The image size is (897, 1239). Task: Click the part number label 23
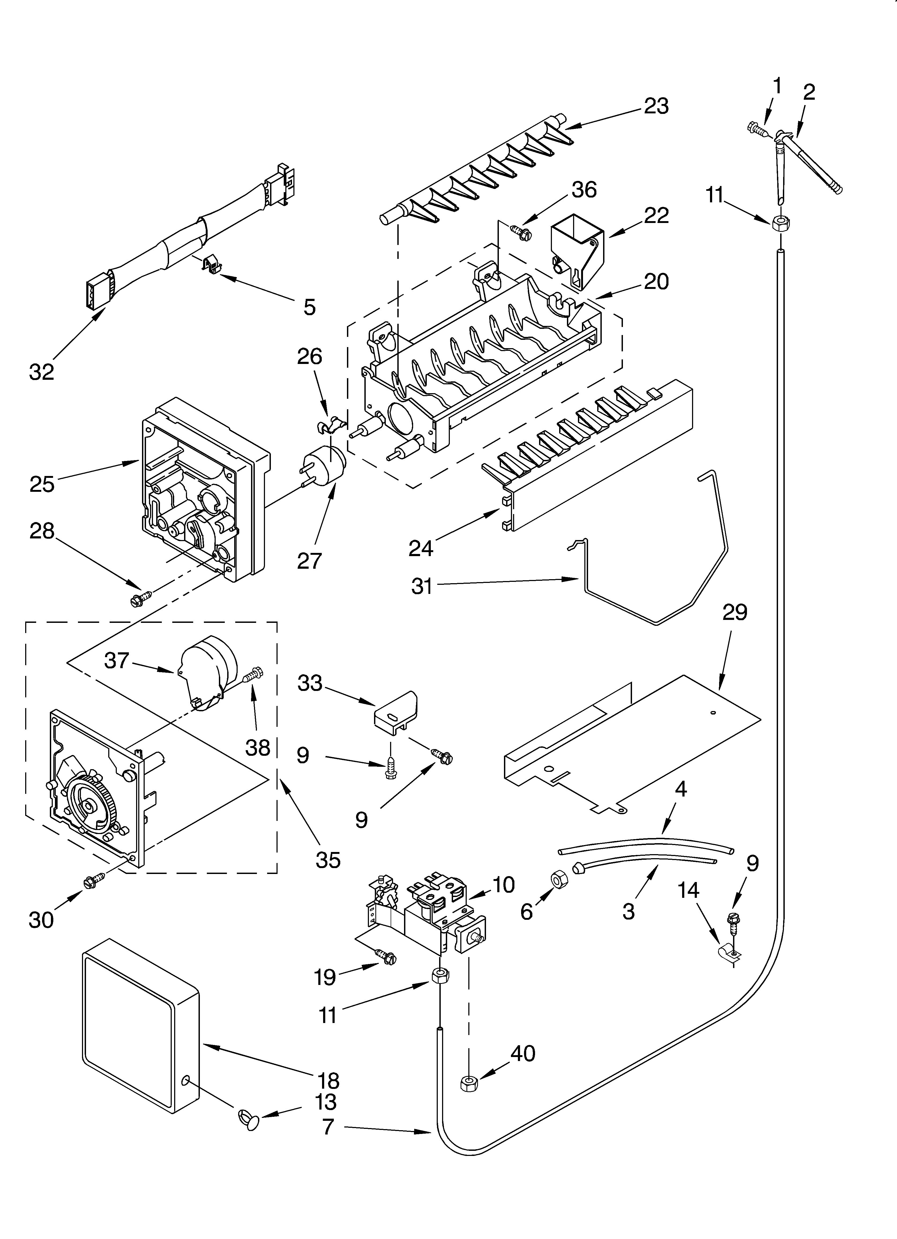coord(656,106)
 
